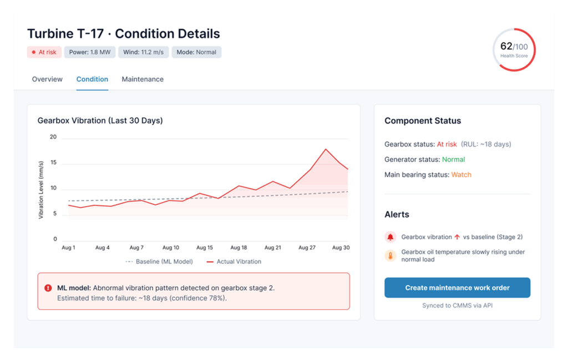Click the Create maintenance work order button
pyautogui.click(x=457, y=288)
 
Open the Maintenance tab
pyautogui.click(x=143, y=79)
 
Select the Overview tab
pyautogui.click(x=47, y=79)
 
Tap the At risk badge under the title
pyautogui.click(x=44, y=52)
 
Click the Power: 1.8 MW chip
pyautogui.click(x=89, y=52)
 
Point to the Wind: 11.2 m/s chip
pyautogui.click(x=143, y=52)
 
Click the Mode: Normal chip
pyautogui.click(x=196, y=52)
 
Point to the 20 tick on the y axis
pyautogui.click(x=53, y=137)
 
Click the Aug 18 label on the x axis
pyautogui.click(x=239, y=248)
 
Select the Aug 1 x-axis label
pyautogui.click(x=68, y=248)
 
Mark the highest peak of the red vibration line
pyautogui.click(x=326, y=149)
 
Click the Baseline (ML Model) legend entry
pyautogui.click(x=159, y=262)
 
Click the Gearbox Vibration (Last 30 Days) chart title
pyautogui.click(x=100, y=120)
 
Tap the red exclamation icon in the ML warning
pyautogui.click(x=48, y=288)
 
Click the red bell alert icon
pyautogui.click(x=390, y=237)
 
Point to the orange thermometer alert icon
pyautogui.click(x=390, y=256)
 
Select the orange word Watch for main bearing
pyautogui.click(x=461, y=175)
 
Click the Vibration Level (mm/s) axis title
pyautogui.click(x=41, y=190)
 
